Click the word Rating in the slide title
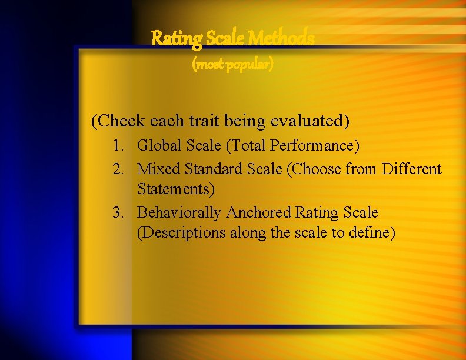[171, 39]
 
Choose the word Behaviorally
[179, 212]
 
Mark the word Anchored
[258, 212]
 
